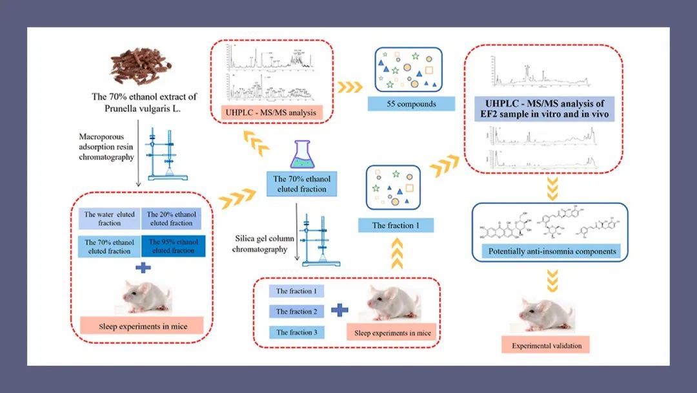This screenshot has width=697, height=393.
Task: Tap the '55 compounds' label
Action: point(411,103)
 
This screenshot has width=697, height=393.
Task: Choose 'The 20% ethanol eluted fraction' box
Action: point(172,218)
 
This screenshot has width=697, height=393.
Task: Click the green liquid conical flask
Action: point(299,158)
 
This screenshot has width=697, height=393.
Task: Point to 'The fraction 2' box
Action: point(296,312)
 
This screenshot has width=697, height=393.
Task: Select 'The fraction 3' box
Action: point(296,332)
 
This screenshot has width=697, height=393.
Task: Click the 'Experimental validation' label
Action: point(547,345)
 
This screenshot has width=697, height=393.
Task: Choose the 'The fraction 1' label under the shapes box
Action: point(396,226)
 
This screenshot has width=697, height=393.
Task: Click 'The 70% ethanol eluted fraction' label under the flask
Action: point(299,184)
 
